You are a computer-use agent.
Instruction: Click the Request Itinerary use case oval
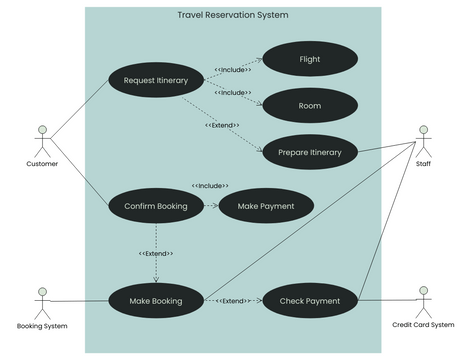click(156, 80)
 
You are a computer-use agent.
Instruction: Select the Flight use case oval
click(310, 59)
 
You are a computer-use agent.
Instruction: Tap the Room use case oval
click(310, 105)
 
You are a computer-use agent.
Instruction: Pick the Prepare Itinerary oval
click(310, 153)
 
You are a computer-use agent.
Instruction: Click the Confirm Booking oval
click(156, 206)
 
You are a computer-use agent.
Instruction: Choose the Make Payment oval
click(266, 206)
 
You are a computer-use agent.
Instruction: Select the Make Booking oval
click(156, 300)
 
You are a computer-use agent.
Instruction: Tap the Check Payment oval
click(310, 300)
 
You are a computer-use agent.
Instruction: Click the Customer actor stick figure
click(42, 140)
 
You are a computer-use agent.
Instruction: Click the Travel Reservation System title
click(232, 15)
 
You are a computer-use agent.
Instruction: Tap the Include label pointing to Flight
click(232, 70)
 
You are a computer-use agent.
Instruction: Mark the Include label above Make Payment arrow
click(210, 186)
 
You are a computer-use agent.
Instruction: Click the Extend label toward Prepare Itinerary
click(222, 125)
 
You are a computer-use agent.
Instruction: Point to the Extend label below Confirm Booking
click(156, 253)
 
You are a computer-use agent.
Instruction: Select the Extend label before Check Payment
click(232, 300)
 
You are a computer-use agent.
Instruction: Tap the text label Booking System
click(42, 326)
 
